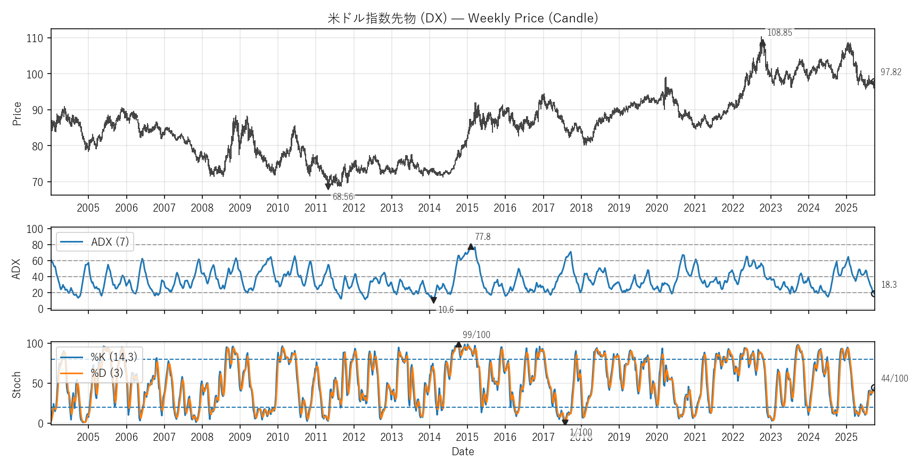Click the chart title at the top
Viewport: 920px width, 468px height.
463,18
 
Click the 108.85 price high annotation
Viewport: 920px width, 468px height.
779,33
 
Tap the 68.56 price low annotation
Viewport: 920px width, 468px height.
343,197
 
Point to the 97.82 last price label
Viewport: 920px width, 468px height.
891,72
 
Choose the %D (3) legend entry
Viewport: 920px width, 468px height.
106,373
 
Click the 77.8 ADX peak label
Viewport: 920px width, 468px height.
483,237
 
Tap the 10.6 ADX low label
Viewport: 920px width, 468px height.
446,310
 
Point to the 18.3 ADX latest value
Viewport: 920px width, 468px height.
889,285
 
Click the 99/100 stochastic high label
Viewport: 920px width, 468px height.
476,335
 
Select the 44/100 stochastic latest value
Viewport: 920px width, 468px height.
894,378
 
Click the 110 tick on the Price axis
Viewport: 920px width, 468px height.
35,38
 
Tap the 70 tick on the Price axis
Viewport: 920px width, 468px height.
37,182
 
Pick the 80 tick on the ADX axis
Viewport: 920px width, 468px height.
37,245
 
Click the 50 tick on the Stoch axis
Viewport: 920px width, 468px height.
37,384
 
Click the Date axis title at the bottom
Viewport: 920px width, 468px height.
463,451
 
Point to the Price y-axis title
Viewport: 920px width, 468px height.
17,114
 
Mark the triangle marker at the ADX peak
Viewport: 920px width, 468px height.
471,247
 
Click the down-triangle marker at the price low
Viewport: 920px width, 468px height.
328,187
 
